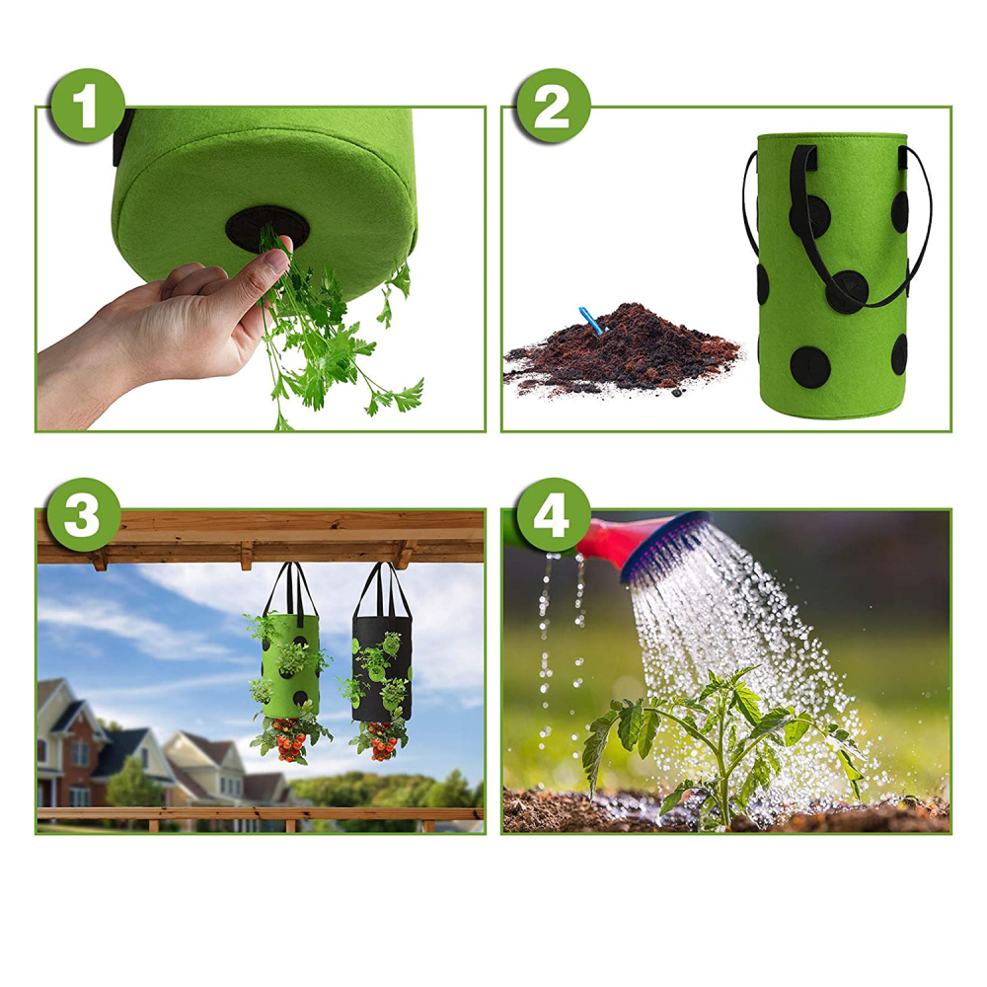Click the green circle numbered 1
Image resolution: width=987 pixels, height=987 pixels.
click(x=88, y=106)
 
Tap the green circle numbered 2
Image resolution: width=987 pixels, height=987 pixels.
click(x=554, y=106)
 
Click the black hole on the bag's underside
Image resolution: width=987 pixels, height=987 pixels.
click(x=267, y=229)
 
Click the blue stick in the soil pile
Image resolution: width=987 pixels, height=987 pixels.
click(x=590, y=320)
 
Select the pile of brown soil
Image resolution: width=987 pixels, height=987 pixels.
click(x=622, y=352)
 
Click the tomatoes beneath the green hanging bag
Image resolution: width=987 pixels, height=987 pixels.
click(x=290, y=744)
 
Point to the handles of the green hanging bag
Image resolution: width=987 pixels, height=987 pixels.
click(x=290, y=589)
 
